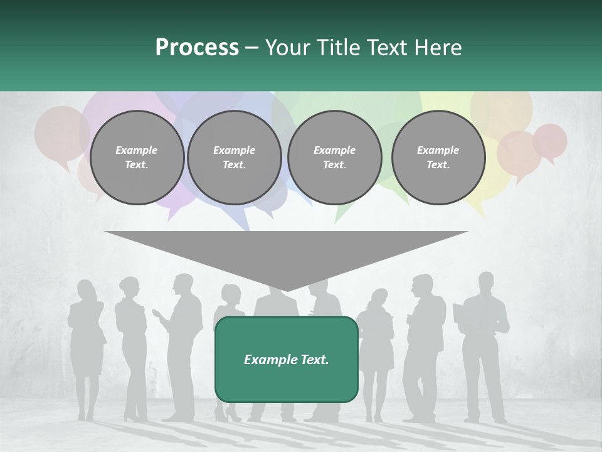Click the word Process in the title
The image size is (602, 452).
(x=197, y=47)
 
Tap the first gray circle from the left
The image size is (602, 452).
(x=137, y=158)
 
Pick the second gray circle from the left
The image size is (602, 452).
(x=235, y=158)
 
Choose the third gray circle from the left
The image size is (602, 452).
(x=334, y=158)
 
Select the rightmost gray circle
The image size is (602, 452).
(x=438, y=158)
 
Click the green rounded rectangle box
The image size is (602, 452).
(x=286, y=359)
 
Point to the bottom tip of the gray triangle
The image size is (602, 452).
(x=286, y=291)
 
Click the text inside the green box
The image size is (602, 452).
(x=286, y=360)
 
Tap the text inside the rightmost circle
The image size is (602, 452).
(x=438, y=158)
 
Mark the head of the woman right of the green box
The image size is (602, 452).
(x=380, y=298)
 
